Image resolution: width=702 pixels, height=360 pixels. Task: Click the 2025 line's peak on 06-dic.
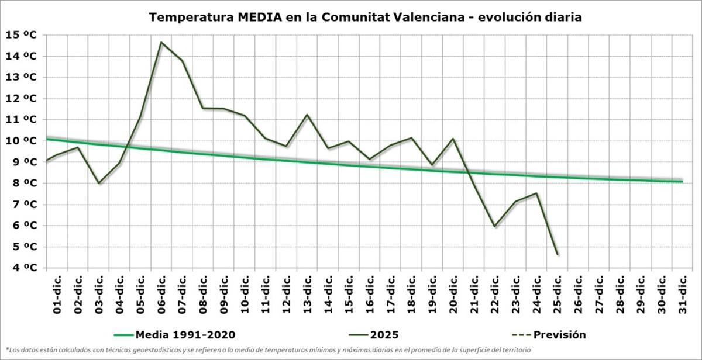click(x=161, y=42)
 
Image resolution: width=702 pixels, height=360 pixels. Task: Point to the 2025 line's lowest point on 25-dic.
click(x=558, y=255)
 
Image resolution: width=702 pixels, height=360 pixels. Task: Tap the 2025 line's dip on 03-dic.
click(x=99, y=184)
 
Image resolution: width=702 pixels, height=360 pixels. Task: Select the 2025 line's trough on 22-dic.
click(x=495, y=226)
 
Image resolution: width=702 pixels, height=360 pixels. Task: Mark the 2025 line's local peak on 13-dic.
click(x=307, y=115)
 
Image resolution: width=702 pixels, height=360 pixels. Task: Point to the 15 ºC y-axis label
click(x=22, y=35)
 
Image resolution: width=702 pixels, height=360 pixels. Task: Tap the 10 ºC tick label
click(x=22, y=141)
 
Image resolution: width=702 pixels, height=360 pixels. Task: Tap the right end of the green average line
click(x=682, y=181)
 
